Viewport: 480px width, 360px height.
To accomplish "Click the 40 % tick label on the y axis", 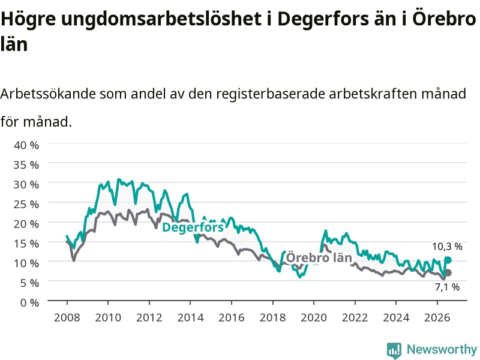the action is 26,145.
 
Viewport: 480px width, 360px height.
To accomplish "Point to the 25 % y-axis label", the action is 26,204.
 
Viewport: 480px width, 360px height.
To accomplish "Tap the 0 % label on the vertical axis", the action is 29,303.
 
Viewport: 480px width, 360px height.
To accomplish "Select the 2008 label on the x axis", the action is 67,317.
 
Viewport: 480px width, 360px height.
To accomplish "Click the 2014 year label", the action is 190,317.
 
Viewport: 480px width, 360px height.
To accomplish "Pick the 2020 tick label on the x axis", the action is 314,317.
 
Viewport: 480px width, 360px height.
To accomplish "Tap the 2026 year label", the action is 437,317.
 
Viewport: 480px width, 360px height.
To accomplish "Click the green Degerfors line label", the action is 193,227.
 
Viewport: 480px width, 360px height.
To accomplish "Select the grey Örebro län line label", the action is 319,258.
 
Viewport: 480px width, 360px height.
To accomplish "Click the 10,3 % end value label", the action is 447,247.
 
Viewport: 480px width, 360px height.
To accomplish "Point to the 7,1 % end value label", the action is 447,287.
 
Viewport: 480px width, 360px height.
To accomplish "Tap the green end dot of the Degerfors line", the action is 448,260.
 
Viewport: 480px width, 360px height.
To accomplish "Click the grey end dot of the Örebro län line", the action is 448,273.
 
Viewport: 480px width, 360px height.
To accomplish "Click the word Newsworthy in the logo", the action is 442,349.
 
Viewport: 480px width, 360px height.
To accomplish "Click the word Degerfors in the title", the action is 323,19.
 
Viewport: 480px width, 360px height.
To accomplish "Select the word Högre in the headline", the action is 28,19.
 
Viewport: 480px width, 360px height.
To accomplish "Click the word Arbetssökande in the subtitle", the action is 48,94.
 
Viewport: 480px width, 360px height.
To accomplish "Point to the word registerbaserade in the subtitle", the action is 271,94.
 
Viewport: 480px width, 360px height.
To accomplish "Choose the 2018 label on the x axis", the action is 273,317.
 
